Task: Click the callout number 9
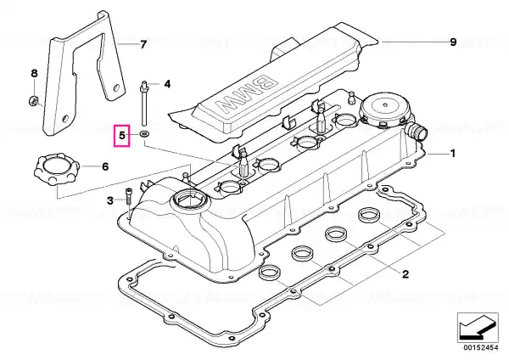[x=453, y=42]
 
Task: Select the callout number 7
[x=143, y=44]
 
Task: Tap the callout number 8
[x=35, y=74]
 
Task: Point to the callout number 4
[x=167, y=84]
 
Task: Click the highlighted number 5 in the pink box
[x=121, y=135]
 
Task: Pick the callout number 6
[x=105, y=167]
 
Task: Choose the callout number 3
[x=110, y=200]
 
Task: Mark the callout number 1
[x=453, y=154]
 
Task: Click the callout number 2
[x=406, y=274]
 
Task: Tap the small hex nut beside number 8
[x=33, y=100]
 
